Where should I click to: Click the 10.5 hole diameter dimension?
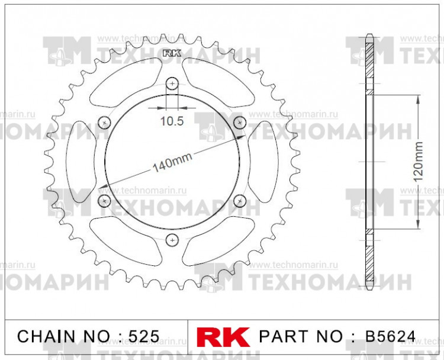(172, 121)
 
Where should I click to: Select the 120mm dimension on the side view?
(419, 161)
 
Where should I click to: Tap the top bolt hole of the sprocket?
(172, 84)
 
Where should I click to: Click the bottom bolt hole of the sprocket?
(172, 239)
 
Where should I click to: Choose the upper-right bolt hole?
(240, 123)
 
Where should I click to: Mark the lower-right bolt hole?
(240, 200)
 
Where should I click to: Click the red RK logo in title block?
(223, 337)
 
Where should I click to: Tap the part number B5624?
(390, 337)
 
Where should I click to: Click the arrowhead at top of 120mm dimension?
(419, 99)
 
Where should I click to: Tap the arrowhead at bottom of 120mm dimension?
(419, 225)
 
